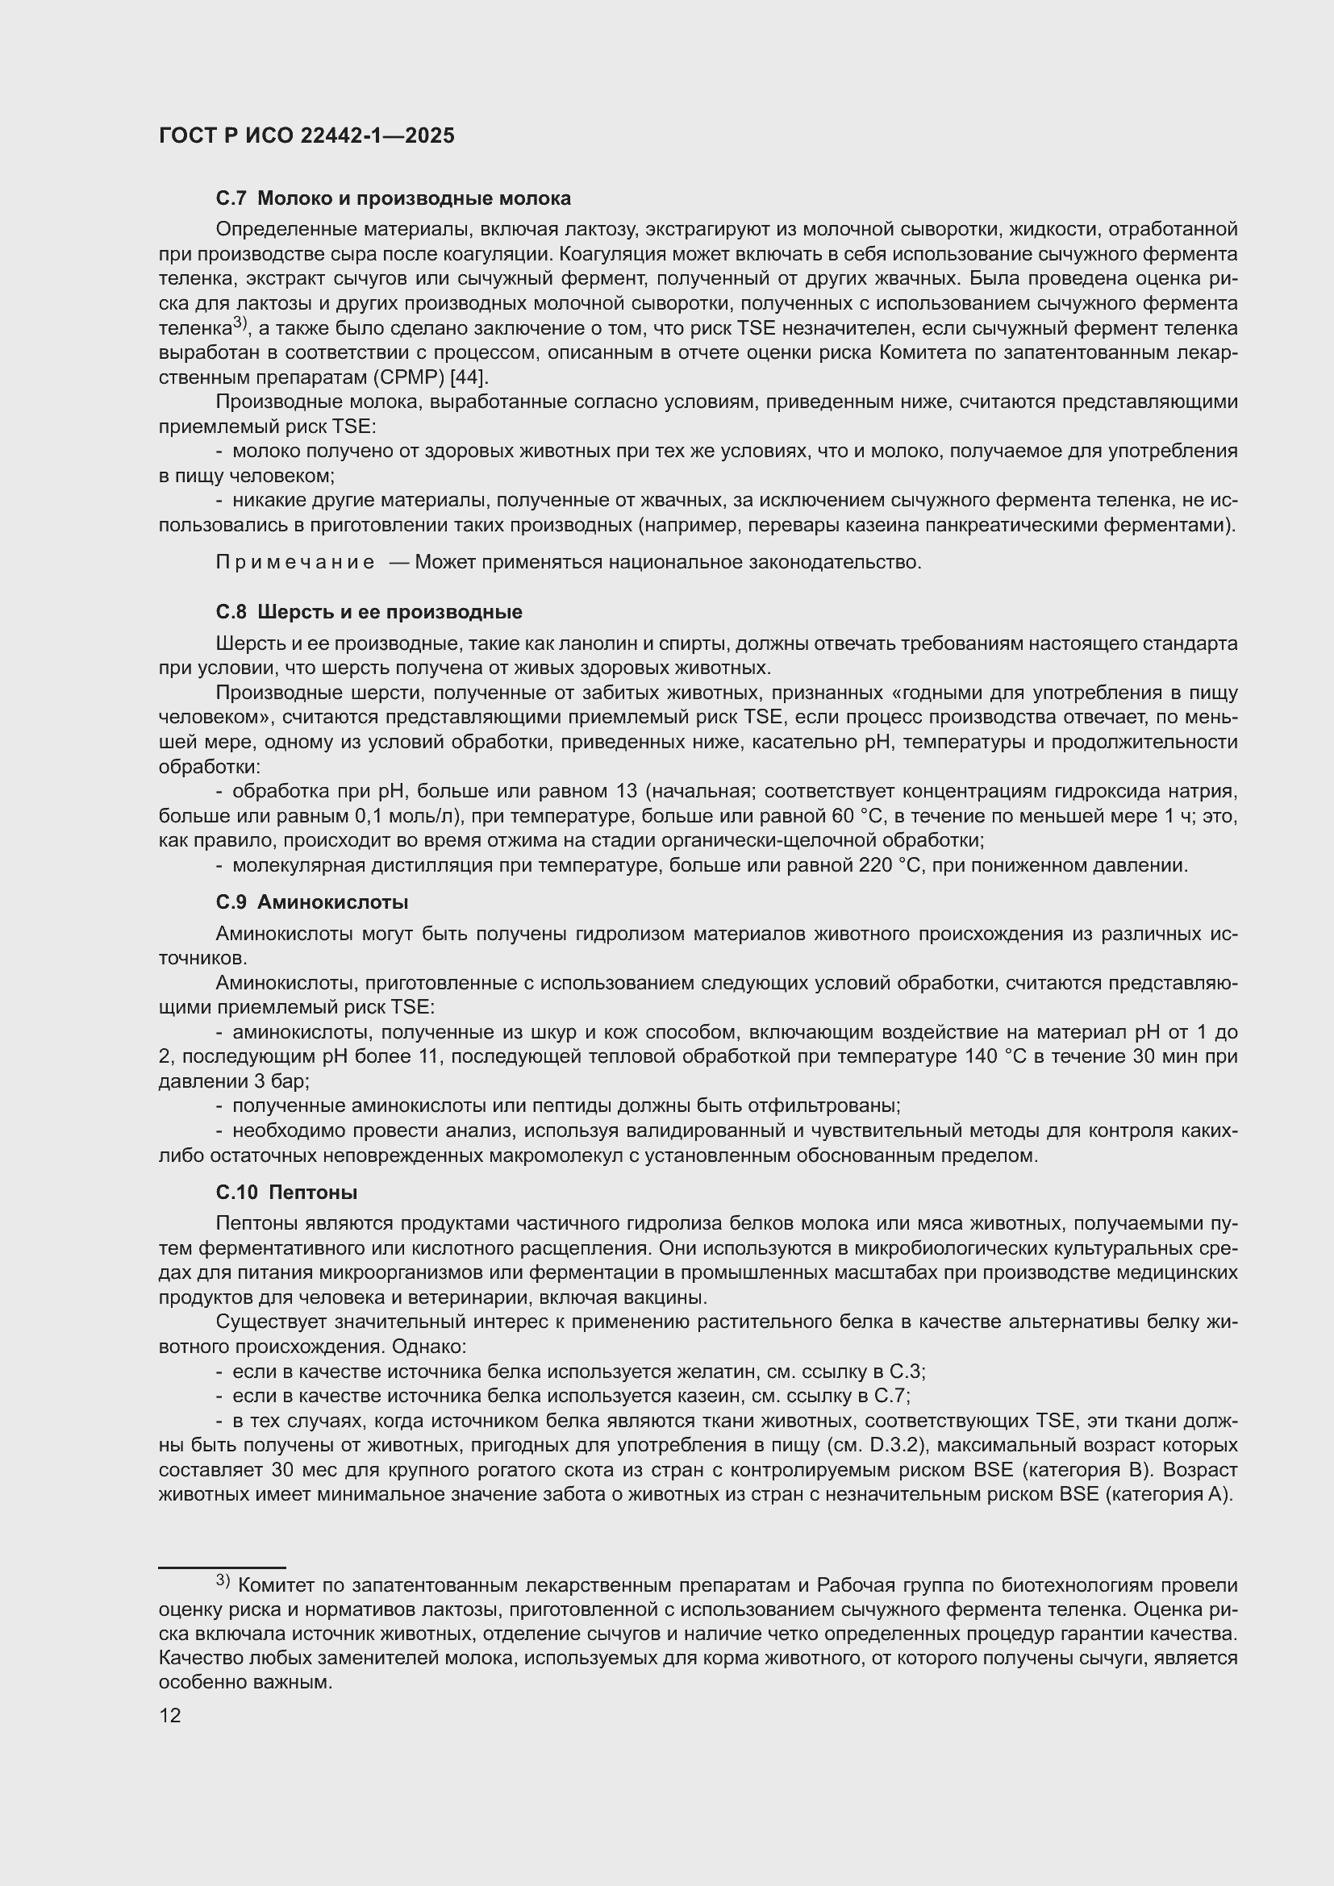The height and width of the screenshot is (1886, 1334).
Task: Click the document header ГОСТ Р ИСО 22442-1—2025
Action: coord(306,136)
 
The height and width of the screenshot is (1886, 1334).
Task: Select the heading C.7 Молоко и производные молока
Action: coord(393,198)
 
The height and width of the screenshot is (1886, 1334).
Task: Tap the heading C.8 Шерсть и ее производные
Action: coord(369,612)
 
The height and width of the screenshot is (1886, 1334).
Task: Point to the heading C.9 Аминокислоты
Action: coord(312,902)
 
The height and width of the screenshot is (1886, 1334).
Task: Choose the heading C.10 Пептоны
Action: coord(286,1192)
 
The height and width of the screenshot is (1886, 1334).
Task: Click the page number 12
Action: coord(170,1715)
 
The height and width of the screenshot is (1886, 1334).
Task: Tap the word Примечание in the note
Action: coord(295,563)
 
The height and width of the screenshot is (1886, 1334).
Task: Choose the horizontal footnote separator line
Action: coord(222,1568)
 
